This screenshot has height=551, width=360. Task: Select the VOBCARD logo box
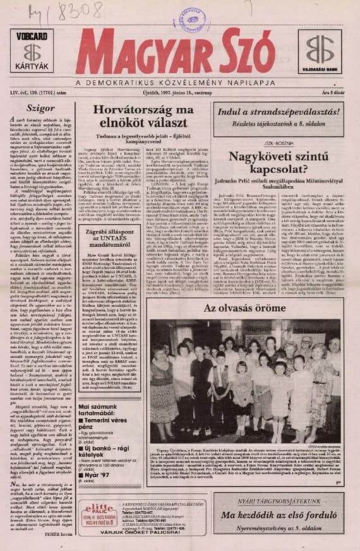(33, 50)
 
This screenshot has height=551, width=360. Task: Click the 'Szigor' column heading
(34, 108)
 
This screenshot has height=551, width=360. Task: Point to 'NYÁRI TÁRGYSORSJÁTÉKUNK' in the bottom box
(278, 499)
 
